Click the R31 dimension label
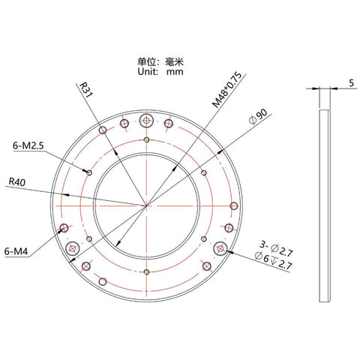[x=85, y=90]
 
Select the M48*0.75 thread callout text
[x=227, y=90]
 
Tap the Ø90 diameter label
[x=258, y=117]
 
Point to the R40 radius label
[x=17, y=182]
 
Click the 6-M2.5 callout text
[x=28, y=145]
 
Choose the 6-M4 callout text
[x=16, y=251]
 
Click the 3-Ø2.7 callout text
[x=276, y=248]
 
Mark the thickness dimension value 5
[x=352, y=83]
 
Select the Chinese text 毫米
[x=174, y=61]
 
